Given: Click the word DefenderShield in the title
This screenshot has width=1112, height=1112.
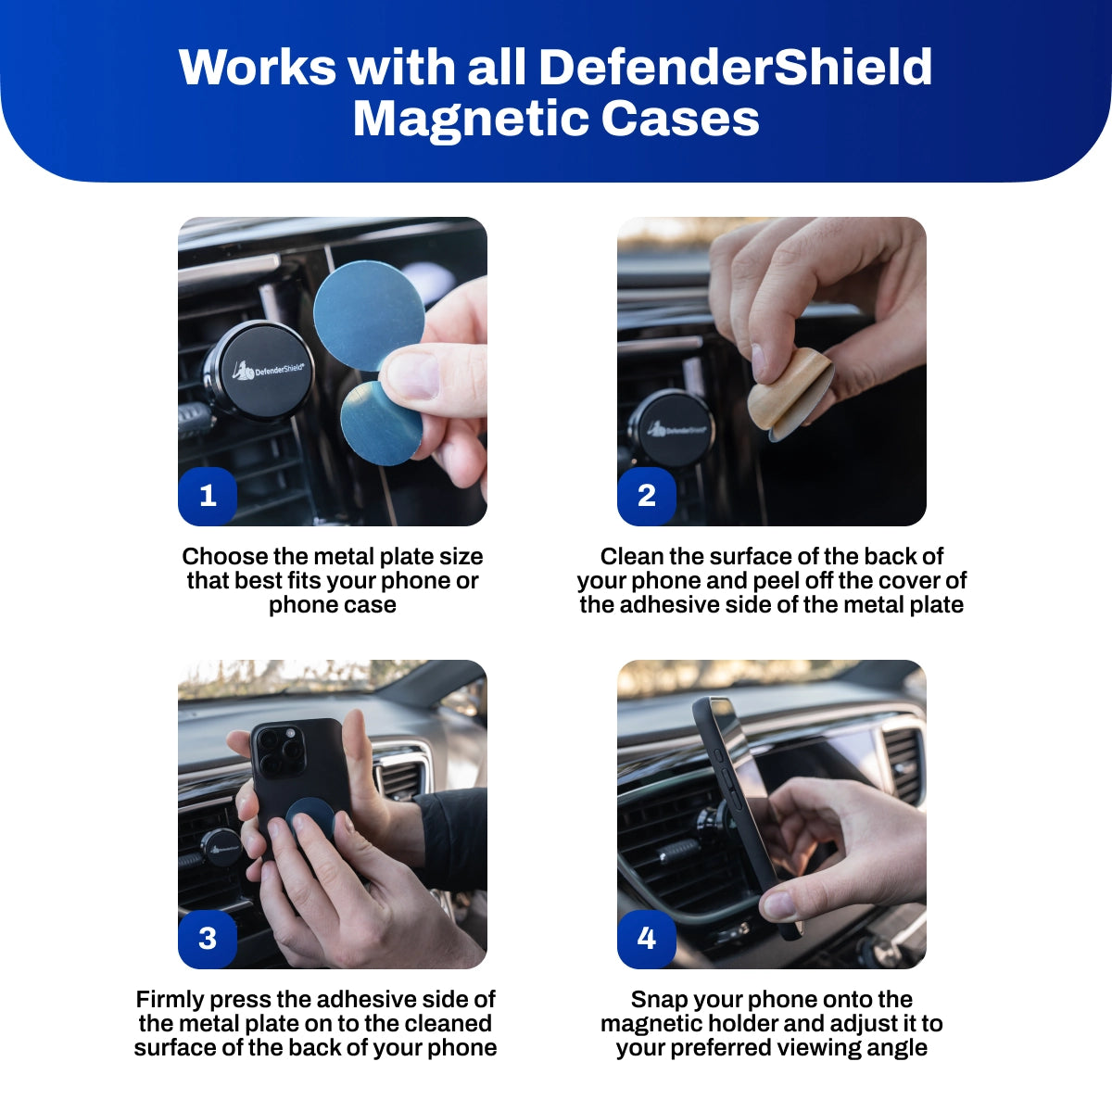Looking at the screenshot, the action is (735, 67).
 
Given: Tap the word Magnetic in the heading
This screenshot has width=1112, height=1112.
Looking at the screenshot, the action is (469, 120).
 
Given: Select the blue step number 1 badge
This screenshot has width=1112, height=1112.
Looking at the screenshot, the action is (208, 496).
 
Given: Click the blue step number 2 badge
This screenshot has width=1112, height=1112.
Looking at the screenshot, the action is (646, 496).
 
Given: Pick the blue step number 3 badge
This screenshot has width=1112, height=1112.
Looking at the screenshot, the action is (208, 939).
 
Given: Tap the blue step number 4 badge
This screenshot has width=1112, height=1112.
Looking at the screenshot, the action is (646, 939).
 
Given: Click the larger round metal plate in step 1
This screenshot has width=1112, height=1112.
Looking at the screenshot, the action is (369, 316).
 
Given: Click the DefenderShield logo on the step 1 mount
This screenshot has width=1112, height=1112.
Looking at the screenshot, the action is (269, 370).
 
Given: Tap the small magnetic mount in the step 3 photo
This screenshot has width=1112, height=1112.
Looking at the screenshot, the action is (221, 848).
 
